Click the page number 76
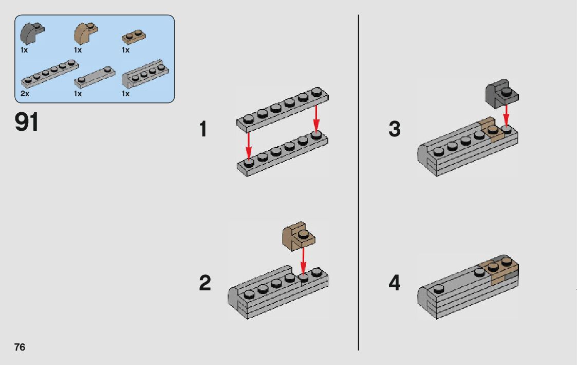20,347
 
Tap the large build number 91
27,123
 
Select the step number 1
203,129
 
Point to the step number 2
204,283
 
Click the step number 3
394,129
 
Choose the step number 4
394,283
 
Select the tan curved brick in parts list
85,33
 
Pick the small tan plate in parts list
133,37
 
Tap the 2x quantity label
25,94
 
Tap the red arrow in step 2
303,260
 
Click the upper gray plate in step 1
282,108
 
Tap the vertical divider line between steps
358,182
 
